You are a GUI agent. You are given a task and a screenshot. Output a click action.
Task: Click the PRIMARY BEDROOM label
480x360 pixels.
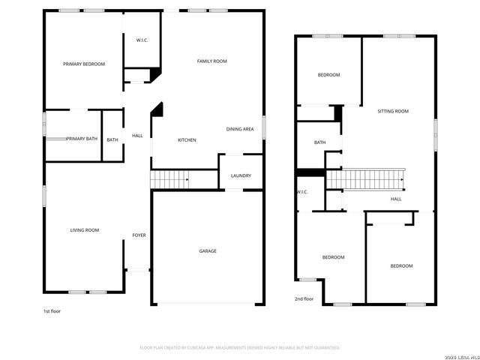pyautogui.click(x=83, y=64)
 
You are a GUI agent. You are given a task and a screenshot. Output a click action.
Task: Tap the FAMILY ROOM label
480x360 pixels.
pyautogui.click(x=211, y=61)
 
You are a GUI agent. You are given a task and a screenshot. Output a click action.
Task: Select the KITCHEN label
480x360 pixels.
pyautogui.click(x=187, y=140)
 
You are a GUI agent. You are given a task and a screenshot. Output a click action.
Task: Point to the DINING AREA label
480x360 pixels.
pyautogui.click(x=240, y=129)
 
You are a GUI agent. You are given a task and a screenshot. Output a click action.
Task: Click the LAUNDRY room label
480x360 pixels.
pyautogui.click(x=241, y=176)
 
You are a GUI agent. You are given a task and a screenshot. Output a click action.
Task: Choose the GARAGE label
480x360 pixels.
pyautogui.click(x=208, y=251)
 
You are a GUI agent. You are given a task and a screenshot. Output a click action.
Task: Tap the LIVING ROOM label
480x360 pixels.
pyautogui.click(x=85, y=230)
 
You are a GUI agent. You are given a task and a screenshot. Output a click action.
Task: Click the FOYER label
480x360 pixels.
pyautogui.click(x=139, y=235)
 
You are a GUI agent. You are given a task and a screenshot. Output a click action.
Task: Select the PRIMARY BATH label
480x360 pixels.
pyautogui.click(x=82, y=139)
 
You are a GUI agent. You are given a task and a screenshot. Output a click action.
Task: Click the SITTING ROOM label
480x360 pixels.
pyautogui.click(x=392, y=111)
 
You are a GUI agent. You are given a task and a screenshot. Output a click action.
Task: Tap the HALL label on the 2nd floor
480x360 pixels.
pyautogui.click(x=396, y=199)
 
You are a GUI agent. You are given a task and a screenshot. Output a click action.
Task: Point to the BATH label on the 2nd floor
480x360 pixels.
pyautogui.click(x=319, y=142)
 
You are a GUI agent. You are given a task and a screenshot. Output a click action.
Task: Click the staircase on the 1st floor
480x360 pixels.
pyautogui.click(x=169, y=180)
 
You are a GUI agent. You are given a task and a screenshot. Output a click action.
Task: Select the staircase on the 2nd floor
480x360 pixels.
pyautogui.click(x=365, y=180)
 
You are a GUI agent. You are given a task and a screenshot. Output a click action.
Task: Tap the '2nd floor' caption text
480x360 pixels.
pyautogui.click(x=304, y=298)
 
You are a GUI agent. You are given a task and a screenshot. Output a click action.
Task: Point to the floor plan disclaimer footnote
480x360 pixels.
pyautogui.click(x=240, y=348)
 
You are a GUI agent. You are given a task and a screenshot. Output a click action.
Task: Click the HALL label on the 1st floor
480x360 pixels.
pyautogui.click(x=137, y=136)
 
